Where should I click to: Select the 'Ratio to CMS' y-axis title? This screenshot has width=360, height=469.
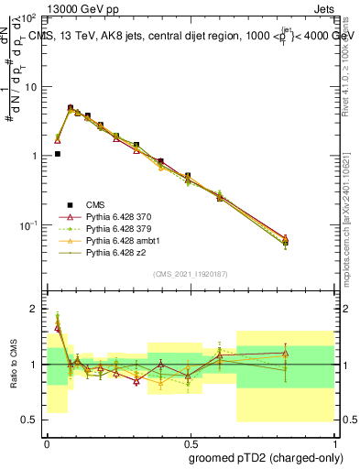(12, 364)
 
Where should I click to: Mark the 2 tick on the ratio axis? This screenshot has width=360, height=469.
(33, 309)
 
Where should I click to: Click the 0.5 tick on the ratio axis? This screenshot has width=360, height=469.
(29, 420)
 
